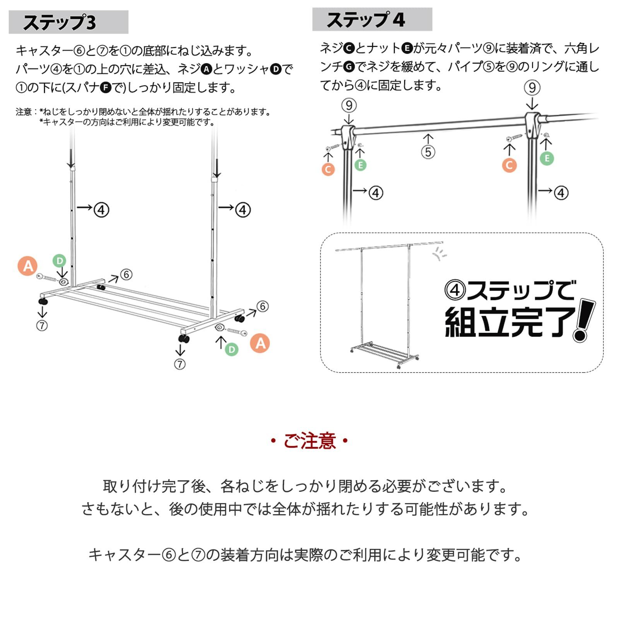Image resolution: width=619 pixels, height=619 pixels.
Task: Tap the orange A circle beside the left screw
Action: click(28, 266)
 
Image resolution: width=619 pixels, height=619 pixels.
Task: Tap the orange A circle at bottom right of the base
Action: click(260, 343)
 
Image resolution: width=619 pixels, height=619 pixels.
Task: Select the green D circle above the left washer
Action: click(59, 260)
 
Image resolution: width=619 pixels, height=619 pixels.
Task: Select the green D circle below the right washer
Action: click(231, 349)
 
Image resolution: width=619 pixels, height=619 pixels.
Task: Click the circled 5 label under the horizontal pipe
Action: click(428, 152)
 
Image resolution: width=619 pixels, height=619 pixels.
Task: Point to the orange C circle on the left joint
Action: click(328, 169)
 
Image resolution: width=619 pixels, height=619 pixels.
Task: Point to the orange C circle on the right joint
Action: click(509, 165)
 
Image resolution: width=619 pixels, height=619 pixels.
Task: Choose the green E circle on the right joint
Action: click(547, 158)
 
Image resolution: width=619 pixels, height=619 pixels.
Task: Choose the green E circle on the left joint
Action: click(360, 165)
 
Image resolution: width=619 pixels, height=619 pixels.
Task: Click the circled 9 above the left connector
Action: click(349, 105)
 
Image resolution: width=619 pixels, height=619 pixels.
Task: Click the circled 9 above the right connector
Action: click(532, 87)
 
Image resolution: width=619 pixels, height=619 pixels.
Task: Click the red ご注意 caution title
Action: click(309, 441)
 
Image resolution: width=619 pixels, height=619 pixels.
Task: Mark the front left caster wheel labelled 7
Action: click(43, 301)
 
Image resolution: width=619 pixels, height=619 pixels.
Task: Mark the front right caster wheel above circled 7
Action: click(184, 339)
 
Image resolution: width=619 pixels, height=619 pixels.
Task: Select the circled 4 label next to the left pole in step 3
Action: click(101, 210)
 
